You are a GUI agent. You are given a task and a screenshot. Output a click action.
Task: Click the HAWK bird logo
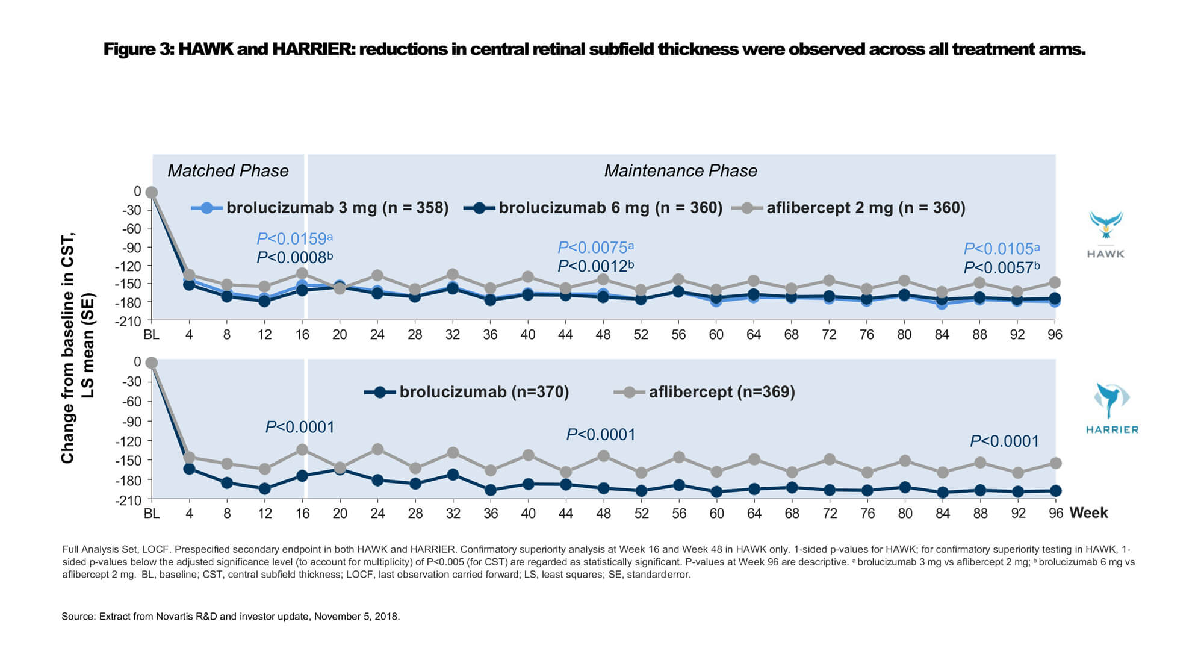coord(1105,225)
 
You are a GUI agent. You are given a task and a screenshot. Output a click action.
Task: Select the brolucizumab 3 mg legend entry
coord(320,208)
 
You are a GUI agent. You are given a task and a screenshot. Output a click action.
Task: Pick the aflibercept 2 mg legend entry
coord(849,208)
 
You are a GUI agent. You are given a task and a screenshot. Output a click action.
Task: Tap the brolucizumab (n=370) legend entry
coord(467,392)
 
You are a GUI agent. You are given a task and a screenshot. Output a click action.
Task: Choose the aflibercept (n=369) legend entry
coord(705,392)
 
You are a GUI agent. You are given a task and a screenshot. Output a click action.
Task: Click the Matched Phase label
coord(228,171)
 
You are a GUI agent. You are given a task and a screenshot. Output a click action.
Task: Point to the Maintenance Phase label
coord(680,171)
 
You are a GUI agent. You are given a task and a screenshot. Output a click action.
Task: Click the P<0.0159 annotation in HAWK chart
coord(294,238)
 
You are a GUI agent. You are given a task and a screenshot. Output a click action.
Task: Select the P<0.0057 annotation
coord(1001,267)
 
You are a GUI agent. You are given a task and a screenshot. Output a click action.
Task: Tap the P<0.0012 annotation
coord(595,266)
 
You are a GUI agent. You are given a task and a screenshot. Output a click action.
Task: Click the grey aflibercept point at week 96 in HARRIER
coord(1055,463)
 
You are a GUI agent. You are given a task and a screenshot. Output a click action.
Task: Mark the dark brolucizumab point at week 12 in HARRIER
coord(264,488)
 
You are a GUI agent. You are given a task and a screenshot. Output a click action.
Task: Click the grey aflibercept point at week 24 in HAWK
coord(377,275)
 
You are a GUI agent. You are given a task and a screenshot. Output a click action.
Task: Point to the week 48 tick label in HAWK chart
coord(603,335)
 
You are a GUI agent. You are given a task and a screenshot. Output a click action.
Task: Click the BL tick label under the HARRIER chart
coord(152,513)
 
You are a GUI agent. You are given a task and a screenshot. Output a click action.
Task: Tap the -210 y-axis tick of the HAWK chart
coord(129,321)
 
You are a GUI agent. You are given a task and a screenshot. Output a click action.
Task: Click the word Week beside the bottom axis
coord(1088,512)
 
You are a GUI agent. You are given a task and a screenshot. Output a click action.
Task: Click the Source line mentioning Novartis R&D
coord(231,617)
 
